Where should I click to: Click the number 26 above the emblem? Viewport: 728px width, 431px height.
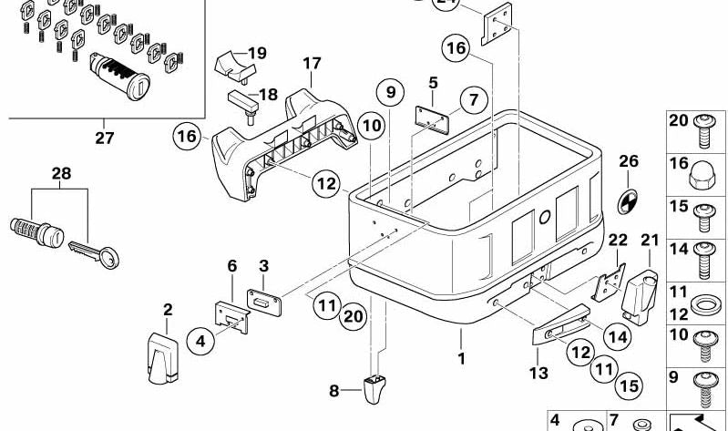(x=630, y=162)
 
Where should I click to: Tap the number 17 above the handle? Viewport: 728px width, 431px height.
(x=313, y=64)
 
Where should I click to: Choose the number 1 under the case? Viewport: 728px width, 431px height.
(x=461, y=359)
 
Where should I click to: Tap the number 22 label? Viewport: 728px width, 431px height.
(x=619, y=240)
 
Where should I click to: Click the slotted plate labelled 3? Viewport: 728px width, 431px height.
(x=264, y=298)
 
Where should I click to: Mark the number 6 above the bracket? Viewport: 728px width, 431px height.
(x=231, y=265)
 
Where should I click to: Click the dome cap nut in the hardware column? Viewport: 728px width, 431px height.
(x=703, y=169)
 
